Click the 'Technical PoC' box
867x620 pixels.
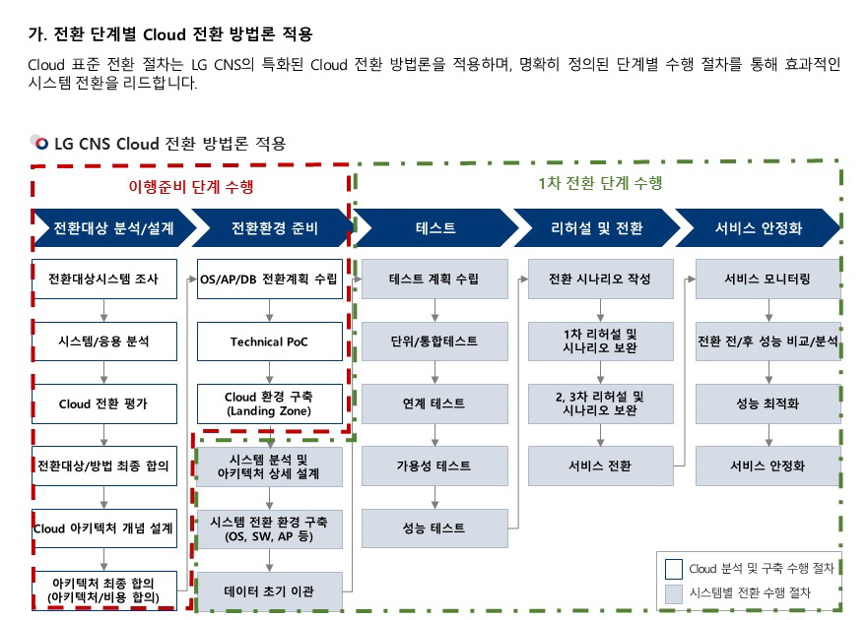(x=270, y=341)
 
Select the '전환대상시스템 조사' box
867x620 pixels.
(x=104, y=279)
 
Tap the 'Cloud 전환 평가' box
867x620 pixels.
(x=104, y=403)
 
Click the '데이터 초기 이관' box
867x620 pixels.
(x=269, y=591)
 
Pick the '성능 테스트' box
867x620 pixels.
(x=434, y=528)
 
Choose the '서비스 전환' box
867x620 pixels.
(x=600, y=465)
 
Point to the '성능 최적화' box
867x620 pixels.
(x=768, y=403)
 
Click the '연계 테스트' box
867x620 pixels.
(x=434, y=403)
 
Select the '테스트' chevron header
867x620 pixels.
(x=435, y=227)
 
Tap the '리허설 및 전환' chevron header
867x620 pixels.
(x=597, y=227)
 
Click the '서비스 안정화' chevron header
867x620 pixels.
(x=758, y=227)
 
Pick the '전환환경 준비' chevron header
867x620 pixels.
(x=274, y=227)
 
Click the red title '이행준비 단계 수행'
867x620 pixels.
(x=191, y=187)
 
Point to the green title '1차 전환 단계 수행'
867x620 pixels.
(x=600, y=183)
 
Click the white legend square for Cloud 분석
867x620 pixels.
(x=674, y=568)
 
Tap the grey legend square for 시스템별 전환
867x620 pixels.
(x=674, y=593)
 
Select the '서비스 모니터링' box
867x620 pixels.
(x=768, y=279)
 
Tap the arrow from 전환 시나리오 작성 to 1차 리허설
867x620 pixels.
(x=600, y=310)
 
